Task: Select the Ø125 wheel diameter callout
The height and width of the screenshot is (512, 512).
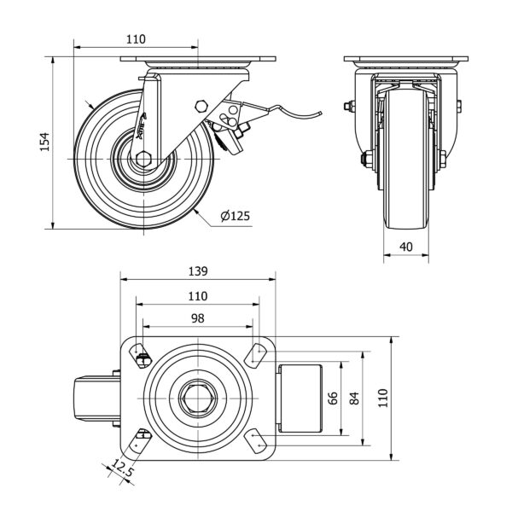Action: point(235,217)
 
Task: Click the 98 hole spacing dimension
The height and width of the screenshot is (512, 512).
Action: point(198,317)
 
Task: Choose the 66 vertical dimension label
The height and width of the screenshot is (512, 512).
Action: point(334,399)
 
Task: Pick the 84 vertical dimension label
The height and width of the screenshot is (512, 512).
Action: point(355,399)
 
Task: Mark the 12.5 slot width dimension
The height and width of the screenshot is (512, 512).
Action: point(121,469)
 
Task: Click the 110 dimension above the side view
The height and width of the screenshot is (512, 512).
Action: point(135,38)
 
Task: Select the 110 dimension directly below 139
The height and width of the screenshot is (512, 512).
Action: point(198,295)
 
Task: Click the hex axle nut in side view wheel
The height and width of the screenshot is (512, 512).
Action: point(144,158)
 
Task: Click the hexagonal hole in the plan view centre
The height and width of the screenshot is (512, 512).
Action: point(198,398)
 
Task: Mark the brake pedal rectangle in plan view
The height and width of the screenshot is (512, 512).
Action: point(301,398)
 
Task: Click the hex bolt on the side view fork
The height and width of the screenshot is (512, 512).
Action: point(201,106)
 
